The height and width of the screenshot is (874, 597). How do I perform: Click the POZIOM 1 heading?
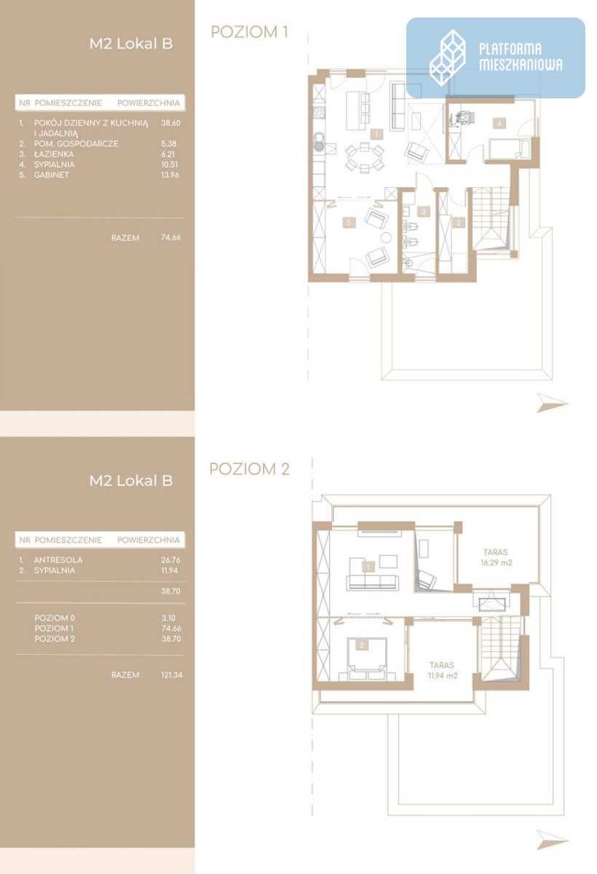[x=250, y=32]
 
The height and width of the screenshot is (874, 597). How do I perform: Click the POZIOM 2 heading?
[x=250, y=469]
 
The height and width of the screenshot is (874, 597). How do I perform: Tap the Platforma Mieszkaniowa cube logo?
[x=447, y=58]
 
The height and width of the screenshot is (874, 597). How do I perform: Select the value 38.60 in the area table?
[x=171, y=123]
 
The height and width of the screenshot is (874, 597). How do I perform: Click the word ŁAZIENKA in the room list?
[x=54, y=154]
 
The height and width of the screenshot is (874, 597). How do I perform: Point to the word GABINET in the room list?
[x=52, y=175]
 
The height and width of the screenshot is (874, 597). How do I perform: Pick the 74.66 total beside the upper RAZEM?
[x=171, y=237]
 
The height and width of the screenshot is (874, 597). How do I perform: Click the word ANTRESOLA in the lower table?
[x=58, y=560]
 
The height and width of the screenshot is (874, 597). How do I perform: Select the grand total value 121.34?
[x=172, y=674]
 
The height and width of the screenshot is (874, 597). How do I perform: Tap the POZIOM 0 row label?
[x=55, y=618]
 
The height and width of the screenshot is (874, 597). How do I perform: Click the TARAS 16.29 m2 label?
[x=496, y=557]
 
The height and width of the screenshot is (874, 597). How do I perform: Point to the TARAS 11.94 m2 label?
[x=442, y=670]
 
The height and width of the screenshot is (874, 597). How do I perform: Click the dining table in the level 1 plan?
[x=365, y=157]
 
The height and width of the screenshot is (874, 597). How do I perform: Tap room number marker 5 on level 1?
[x=349, y=223]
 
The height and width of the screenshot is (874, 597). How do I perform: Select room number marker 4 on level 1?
[x=499, y=124]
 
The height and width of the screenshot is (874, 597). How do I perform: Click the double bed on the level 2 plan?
[x=366, y=659]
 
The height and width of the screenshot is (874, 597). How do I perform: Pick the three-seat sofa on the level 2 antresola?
[x=372, y=581]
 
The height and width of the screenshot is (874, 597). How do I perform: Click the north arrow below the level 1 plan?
[x=552, y=403]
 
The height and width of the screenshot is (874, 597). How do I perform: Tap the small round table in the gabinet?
[x=386, y=237]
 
